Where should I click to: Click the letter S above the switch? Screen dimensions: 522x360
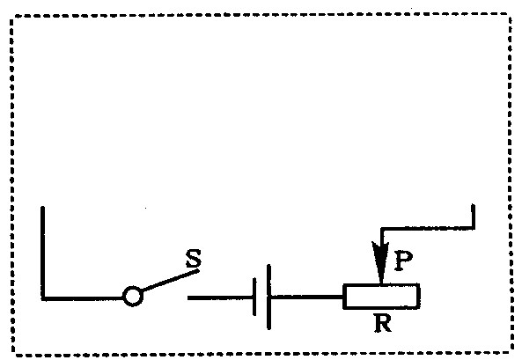coord(194,258)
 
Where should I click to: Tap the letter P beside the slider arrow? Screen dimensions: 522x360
coord(403,261)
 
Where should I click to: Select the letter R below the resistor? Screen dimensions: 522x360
coord(383,323)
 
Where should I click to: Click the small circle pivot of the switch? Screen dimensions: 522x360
coord(133,296)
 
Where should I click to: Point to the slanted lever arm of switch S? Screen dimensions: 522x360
coord(171,280)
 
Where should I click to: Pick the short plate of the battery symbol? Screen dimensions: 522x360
coord(254,297)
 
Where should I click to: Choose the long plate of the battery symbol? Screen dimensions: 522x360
coord(268,297)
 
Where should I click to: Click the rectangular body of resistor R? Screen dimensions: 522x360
coord(381,297)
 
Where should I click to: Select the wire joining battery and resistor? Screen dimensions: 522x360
coord(307,297)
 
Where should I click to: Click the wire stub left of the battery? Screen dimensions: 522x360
coord(220,298)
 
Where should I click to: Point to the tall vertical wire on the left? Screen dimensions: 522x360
coord(42,252)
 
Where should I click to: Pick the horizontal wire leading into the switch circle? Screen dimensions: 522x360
coord(83,298)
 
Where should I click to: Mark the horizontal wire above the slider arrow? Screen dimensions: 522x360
coord(428,229)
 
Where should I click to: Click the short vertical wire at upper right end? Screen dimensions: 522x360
coord(473,217)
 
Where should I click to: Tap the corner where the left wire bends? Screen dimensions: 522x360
coord(43,298)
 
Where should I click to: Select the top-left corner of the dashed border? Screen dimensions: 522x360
coord(12,17)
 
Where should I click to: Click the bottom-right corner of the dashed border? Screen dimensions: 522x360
coord(512,352)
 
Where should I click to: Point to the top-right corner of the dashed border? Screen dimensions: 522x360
coord(510,15)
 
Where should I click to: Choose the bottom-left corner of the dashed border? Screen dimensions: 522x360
coord(13,355)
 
